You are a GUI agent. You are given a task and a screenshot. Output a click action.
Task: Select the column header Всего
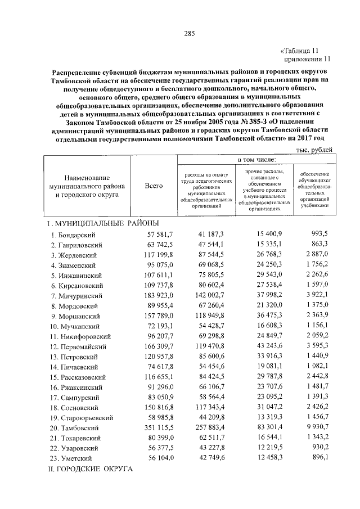click(x=154, y=186)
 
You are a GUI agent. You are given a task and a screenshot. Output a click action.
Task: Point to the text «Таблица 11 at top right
click(x=302, y=50)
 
